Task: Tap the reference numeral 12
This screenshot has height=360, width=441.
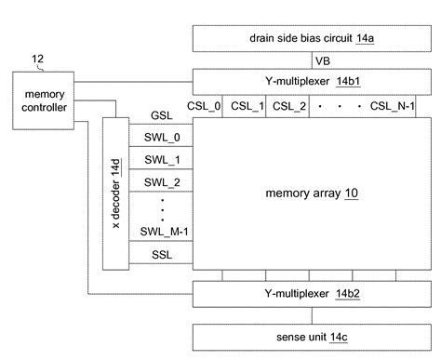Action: coord(37,60)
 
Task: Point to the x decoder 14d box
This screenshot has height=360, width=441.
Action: coord(115,193)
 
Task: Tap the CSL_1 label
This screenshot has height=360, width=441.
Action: coord(248,106)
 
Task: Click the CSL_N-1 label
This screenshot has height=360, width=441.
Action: coord(392,106)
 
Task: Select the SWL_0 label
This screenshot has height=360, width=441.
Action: coord(161,138)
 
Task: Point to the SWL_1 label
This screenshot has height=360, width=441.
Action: coord(161,160)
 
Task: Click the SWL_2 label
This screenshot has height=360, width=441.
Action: coord(161,181)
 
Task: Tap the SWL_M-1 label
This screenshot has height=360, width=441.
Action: coord(161,232)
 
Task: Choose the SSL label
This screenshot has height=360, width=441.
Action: coord(161,254)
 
